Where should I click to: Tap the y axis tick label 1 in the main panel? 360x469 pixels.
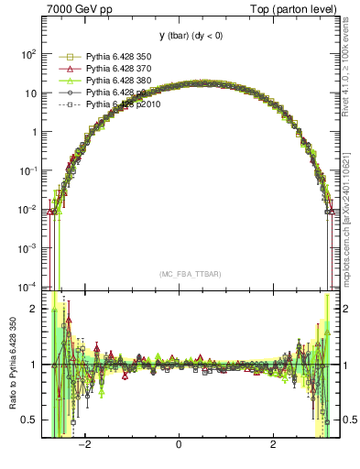34,132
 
